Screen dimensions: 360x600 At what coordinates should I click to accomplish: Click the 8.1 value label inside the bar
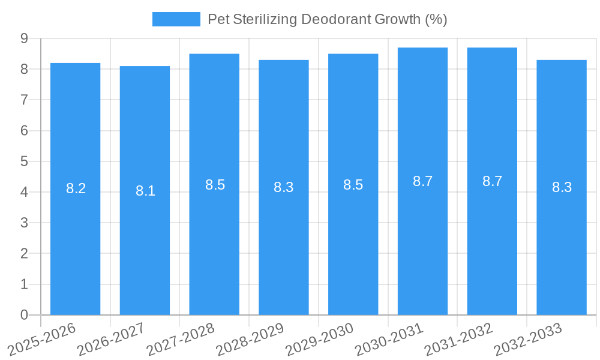(145, 191)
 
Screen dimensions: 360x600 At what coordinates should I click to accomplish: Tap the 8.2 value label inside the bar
(76, 188)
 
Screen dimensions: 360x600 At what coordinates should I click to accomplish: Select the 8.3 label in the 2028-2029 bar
(283, 187)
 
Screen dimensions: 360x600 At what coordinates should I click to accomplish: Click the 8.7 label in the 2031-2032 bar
(492, 181)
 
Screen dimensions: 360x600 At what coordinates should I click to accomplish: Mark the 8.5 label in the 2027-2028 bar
(215, 185)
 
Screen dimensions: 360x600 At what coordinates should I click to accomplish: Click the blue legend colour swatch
(176, 19)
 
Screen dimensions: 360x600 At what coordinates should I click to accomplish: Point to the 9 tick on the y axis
(25, 38)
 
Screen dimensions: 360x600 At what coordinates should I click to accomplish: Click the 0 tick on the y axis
(25, 315)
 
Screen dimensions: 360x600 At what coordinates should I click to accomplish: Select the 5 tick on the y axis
(25, 161)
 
